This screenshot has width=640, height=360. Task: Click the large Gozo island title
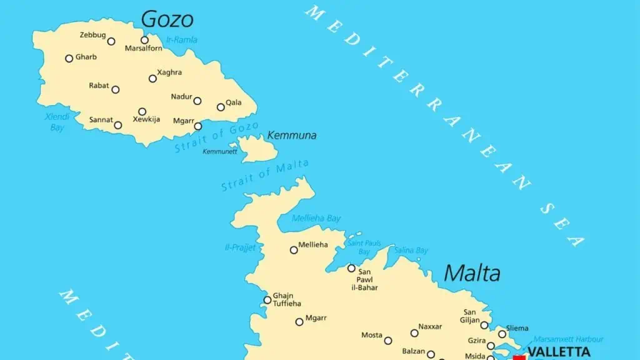pyautogui.click(x=167, y=19)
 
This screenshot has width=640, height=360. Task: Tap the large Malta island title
pyautogui.click(x=472, y=273)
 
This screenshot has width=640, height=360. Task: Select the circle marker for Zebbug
pyautogui.click(x=111, y=41)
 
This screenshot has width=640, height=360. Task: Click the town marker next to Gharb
pyautogui.click(x=69, y=58)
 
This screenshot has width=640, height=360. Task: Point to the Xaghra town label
pyautogui.click(x=169, y=72)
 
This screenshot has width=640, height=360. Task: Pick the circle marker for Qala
pyautogui.click(x=221, y=107)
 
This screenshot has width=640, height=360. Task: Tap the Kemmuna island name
pyautogui.click(x=291, y=135)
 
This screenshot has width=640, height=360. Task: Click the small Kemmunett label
pyautogui.click(x=220, y=151)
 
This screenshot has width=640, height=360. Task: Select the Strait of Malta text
pyautogui.click(x=265, y=175)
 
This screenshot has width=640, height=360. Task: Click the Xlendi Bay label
pyautogui.click(x=56, y=122)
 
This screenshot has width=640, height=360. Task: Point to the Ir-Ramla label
pyautogui.click(x=182, y=40)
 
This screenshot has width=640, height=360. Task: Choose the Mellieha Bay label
pyautogui.click(x=316, y=218)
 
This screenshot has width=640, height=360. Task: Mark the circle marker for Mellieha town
pyautogui.click(x=294, y=250)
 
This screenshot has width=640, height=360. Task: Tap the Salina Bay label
pyautogui.click(x=411, y=250)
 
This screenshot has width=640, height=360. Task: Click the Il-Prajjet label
pyautogui.click(x=241, y=247)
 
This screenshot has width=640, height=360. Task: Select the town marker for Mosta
pyautogui.click(x=388, y=341)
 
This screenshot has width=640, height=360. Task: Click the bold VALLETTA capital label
pyautogui.click(x=559, y=351)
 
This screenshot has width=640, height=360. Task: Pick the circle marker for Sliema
pyautogui.click(x=502, y=334)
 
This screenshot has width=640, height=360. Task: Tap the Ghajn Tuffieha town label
pyautogui.click(x=287, y=299)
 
